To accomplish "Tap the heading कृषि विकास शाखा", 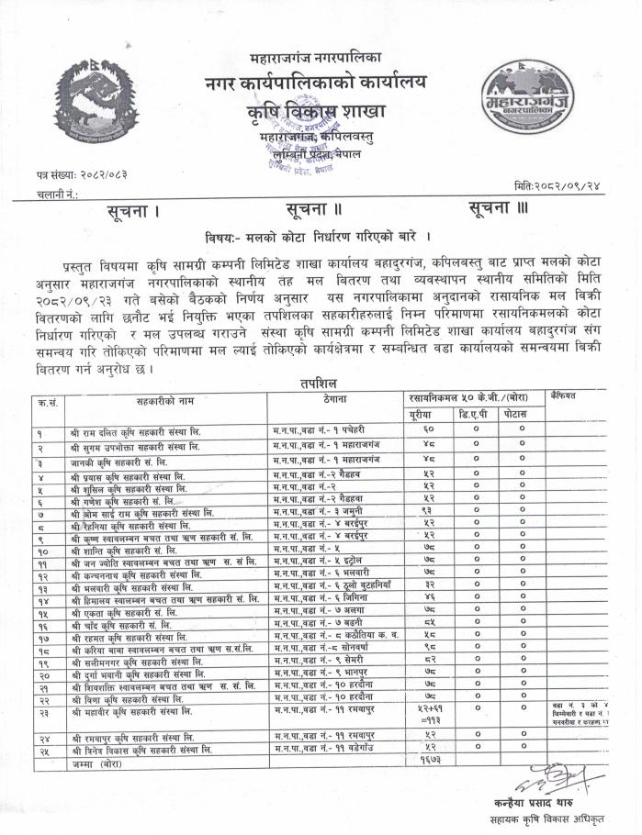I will tap(321, 113).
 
